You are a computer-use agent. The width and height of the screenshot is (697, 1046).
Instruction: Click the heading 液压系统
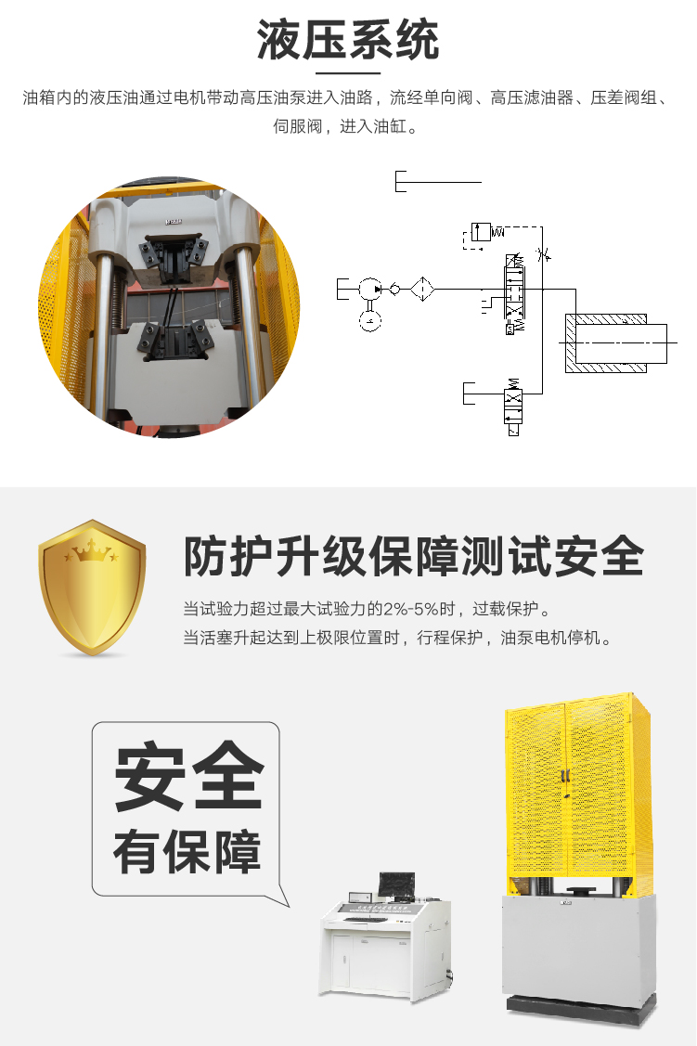point(347,40)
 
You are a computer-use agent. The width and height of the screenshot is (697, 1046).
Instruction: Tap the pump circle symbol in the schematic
point(368,290)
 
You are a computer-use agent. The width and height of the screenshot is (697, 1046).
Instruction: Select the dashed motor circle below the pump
point(369,321)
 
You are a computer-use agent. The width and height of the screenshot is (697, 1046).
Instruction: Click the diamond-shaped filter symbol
point(422,290)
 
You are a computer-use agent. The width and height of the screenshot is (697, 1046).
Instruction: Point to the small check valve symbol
point(394,290)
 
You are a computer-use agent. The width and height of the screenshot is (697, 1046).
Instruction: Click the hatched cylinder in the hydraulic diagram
point(615,342)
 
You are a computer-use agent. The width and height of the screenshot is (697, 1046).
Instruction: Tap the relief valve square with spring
point(481,232)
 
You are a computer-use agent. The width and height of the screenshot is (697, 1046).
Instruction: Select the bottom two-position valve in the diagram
point(513,405)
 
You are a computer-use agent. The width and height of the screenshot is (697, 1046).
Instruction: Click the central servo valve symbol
point(514,293)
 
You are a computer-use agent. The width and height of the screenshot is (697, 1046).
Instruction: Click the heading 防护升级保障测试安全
point(414,556)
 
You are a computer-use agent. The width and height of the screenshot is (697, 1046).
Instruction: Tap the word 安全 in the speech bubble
point(189,777)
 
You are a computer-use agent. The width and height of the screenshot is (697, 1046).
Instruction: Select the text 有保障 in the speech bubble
point(187,853)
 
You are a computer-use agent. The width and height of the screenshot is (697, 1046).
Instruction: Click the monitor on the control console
point(396,885)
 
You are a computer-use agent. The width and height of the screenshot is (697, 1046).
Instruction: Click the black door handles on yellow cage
point(565,777)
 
